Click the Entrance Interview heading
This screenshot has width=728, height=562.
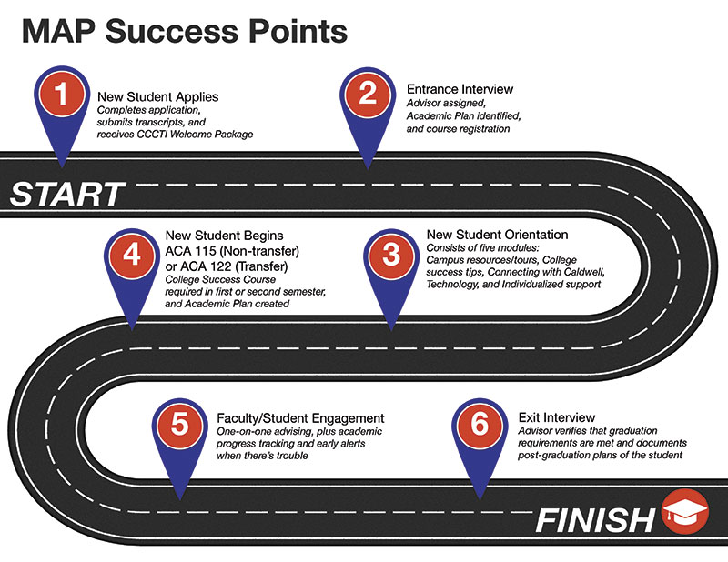[460, 89]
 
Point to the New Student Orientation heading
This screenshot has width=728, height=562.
[497, 235]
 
